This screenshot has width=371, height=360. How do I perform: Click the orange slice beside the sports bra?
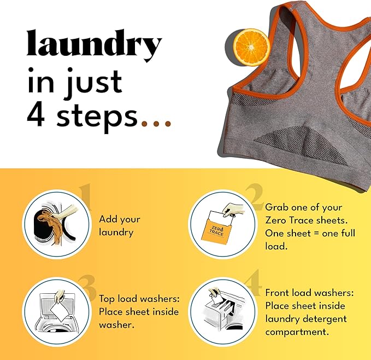[x=251, y=47]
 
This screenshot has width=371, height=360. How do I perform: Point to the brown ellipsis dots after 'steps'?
[x=156, y=123]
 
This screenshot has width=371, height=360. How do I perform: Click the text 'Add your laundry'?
[x=119, y=225]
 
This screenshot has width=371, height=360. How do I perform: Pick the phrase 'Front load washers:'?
[x=303, y=292]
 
